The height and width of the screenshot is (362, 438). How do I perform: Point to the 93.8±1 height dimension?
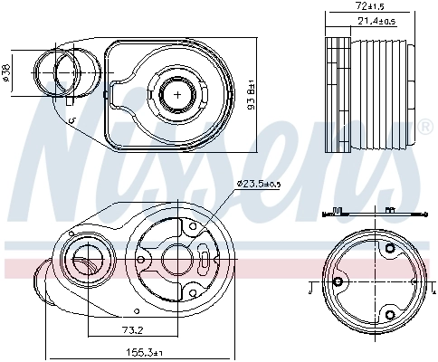[x=252, y=92]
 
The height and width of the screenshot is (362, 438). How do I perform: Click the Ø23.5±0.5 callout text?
[x=260, y=185]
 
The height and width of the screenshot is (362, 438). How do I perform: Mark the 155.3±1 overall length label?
[x=144, y=352]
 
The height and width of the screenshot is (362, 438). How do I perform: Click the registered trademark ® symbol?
[x=426, y=124]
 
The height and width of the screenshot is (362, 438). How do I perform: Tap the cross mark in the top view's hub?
[x=178, y=93]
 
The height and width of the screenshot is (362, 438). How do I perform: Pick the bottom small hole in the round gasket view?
[x=390, y=314]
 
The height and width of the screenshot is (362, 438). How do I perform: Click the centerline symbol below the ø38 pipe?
[x=71, y=120]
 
